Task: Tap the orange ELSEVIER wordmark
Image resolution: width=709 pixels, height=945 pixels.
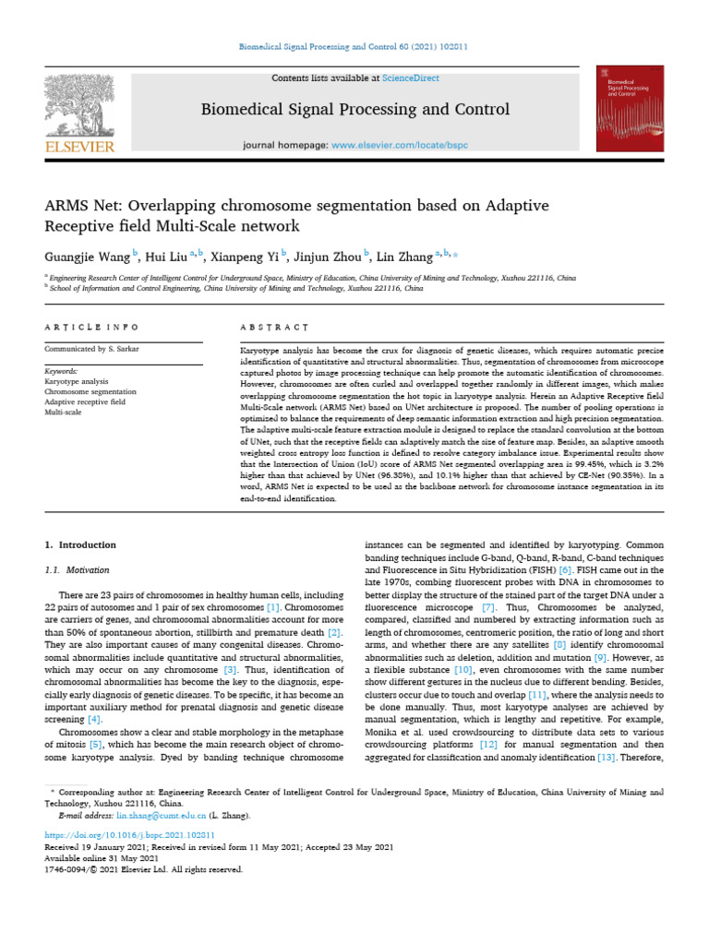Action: click(x=79, y=147)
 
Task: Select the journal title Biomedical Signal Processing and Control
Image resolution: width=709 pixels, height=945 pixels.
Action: click(x=354, y=111)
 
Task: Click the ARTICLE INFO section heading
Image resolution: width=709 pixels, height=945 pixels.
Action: click(x=92, y=327)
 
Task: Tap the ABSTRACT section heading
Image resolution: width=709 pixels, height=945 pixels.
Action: click(x=273, y=327)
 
